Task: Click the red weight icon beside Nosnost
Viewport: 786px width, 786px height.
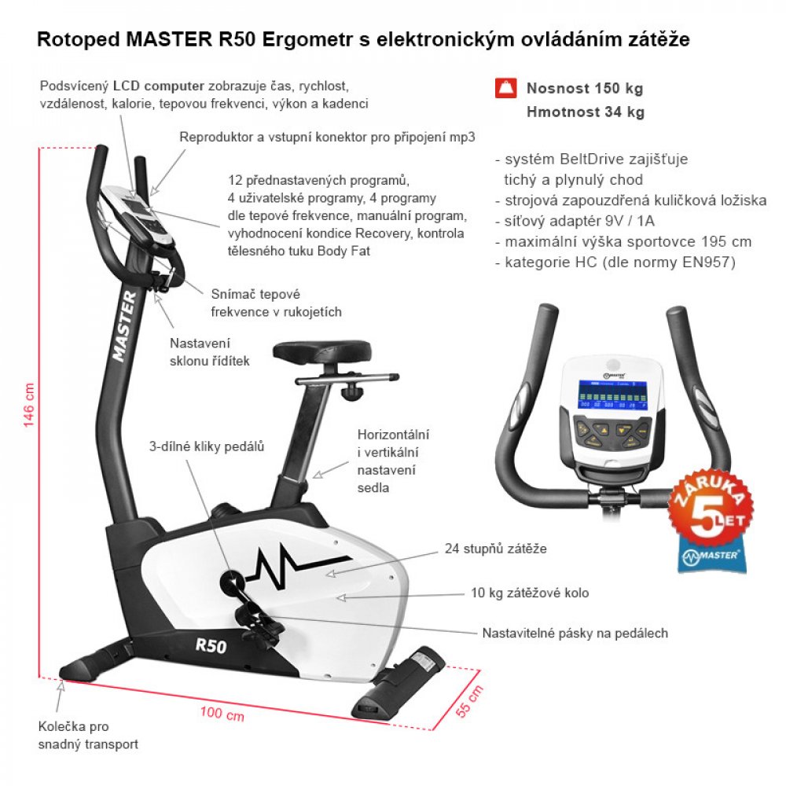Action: (505, 88)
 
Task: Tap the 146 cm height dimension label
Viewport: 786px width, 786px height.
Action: (28, 405)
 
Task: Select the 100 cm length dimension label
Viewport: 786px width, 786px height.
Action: (222, 714)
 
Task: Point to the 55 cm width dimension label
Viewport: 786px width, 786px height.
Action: (469, 700)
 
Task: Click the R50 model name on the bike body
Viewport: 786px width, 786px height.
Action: (211, 645)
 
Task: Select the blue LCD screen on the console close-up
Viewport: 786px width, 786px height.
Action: (612, 395)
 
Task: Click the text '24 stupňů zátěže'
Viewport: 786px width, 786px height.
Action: (495, 549)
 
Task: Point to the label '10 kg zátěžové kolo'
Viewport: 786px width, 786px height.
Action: (529, 593)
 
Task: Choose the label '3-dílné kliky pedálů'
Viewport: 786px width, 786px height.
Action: (207, 446)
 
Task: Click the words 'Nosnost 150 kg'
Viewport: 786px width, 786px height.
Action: (585, 88)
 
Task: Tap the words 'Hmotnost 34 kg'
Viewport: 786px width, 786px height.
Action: (585, 112)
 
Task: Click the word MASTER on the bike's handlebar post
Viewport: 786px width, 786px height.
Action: (124, 326)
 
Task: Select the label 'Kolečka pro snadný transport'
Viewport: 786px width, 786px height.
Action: (88, 735)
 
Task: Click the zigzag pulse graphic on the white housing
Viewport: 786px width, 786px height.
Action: (297, 565)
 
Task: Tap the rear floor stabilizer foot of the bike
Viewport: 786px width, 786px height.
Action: (399, 681)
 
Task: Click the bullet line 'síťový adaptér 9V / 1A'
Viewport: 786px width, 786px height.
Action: (575, 221)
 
